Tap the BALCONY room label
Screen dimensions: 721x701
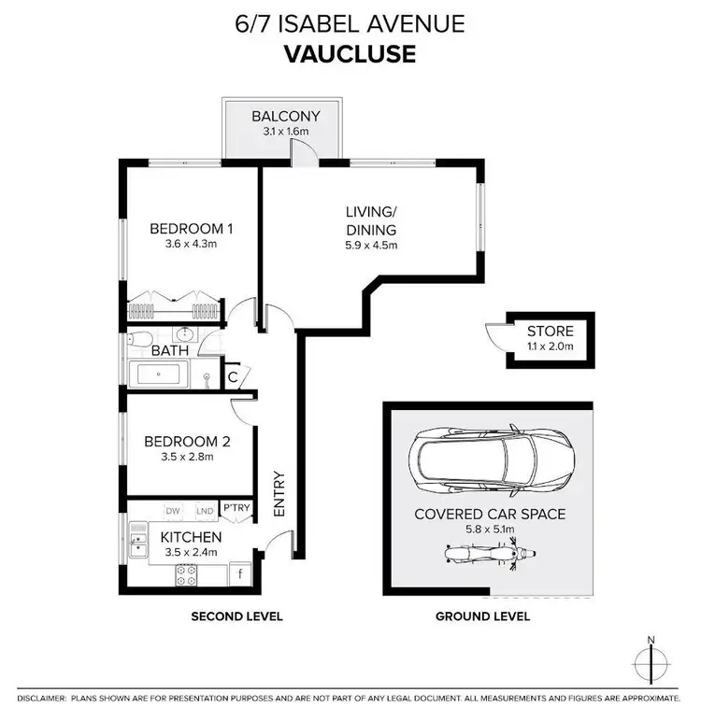pos(286,117)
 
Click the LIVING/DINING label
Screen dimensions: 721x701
pos(371,222)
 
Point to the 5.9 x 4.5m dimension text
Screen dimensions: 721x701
pos(371,246)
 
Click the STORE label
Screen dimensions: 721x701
pos(550,331)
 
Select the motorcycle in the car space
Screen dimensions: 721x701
pos(483,555)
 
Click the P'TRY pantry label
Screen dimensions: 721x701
pos(236,509)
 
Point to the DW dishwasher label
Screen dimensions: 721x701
pos(173,511)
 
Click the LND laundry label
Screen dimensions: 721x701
pos(203,511)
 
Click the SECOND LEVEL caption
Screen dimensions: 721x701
pos(236,616)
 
